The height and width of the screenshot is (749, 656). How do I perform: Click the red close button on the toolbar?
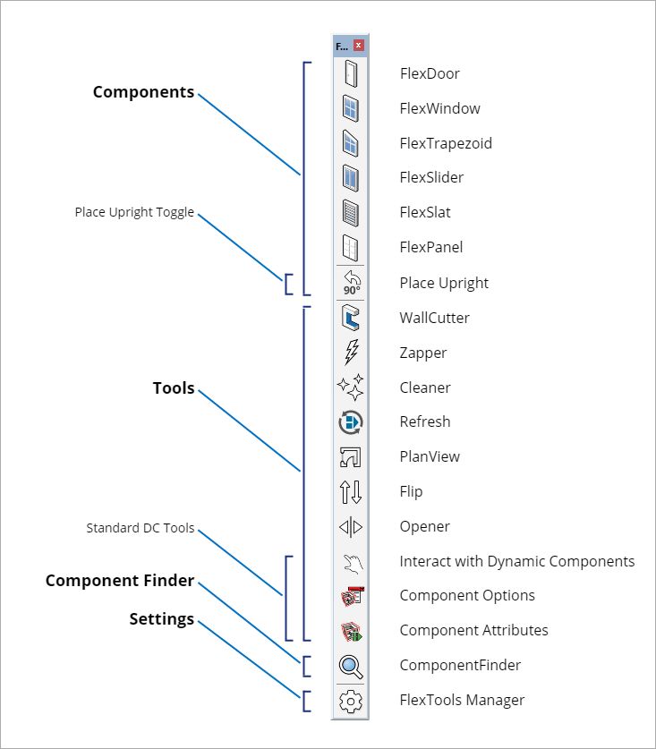[359, 46]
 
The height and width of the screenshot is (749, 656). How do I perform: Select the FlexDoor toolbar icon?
[351, 73]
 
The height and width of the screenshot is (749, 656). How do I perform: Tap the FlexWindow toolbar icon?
[351, 108]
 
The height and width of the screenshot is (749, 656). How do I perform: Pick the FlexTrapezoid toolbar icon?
[351, 143]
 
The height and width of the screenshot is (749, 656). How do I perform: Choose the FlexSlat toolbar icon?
[351, 213]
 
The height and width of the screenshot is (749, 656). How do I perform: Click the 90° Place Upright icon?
[351, 283]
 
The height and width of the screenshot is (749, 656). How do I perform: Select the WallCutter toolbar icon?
[351, 318]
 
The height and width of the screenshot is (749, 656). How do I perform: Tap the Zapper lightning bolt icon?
[351, 353]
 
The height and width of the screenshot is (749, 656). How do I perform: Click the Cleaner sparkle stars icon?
[351, 387]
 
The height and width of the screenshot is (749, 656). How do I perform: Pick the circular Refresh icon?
[351, 421]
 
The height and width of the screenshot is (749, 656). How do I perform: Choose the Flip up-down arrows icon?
[351, 491]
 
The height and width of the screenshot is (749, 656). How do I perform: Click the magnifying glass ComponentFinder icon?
[351, 666]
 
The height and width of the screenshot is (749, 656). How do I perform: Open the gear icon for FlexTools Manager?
[351, 701]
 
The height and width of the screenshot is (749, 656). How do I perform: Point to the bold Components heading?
[143, 92]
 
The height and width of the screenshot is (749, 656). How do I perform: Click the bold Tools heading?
[174, 388]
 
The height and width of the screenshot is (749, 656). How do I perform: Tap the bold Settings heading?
[161, 619]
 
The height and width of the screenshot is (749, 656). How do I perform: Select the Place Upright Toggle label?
[134, 213]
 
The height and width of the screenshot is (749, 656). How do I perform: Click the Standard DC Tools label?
[140, 528]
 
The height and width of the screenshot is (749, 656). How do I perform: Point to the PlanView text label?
[430, 456]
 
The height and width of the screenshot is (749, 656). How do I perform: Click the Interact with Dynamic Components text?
[516, 561]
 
